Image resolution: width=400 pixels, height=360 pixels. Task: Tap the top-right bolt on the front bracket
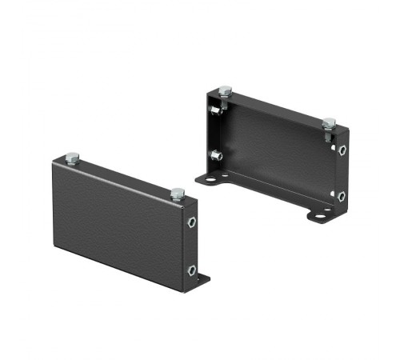pyautogui.click(x=177, y=192)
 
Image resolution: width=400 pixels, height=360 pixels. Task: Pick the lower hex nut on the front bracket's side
pyautogui.click(x=192, y=270)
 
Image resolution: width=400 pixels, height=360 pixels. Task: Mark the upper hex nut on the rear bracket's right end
pyautogui.click(x=342, y=150)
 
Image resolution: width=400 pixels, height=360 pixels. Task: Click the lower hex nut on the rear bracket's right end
pyautogui.click(x=342, y=195)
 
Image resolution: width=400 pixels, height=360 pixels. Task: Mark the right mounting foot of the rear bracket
pyautogui.click(x=320, y=214)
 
